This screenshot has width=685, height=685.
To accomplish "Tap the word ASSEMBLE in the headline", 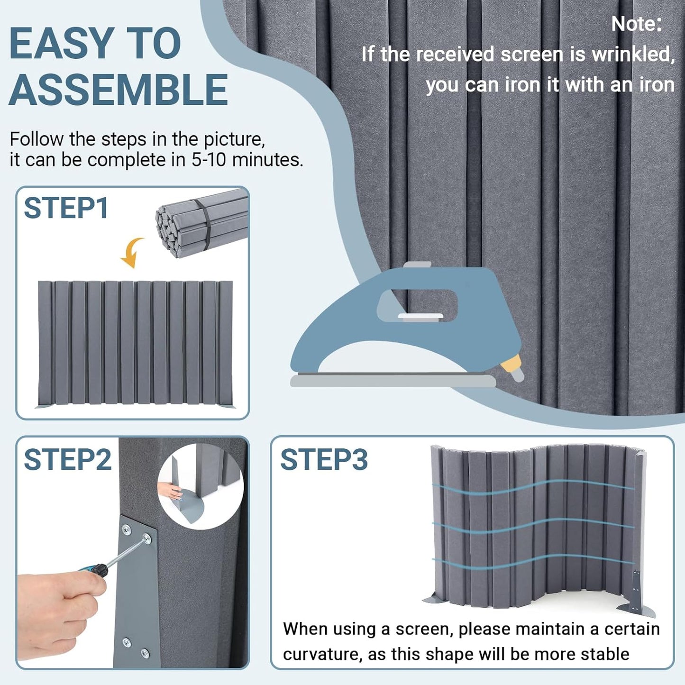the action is [118, 90].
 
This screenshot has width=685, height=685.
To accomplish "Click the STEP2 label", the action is [67, 459].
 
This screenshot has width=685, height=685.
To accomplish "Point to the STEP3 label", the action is [324, 459].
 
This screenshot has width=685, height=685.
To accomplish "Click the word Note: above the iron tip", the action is [636, 24].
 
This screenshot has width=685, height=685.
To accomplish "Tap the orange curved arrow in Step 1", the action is [131, 252].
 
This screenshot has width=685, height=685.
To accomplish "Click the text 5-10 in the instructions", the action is [209, 160].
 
